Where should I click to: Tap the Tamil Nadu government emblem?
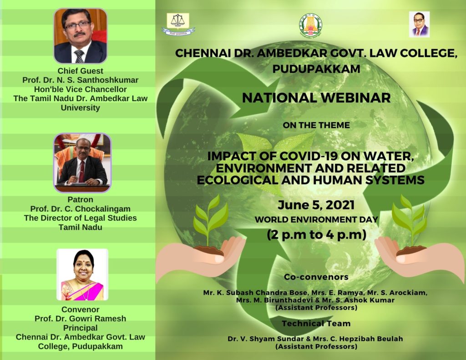[x=310, y=25]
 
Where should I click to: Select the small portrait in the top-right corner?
[x=419, y=25]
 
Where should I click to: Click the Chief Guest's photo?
[x=80, y=36]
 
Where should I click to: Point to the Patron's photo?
[x=82, y=163]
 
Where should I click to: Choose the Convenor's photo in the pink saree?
[x=82, y=274]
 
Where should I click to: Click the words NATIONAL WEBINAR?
[x=316, y=98]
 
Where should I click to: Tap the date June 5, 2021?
[x=316, y=205]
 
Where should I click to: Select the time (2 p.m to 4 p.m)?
[x=316, y=234]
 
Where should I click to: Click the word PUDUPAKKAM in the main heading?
[x=316, y=69]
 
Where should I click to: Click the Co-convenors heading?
[x=316, y=277]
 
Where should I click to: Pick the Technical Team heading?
[x=316, y=323]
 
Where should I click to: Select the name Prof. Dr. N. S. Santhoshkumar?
[x=80, y=80]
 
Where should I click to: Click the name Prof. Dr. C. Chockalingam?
[x=80, y=209]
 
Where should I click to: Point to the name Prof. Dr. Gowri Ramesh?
[x=80, y=319]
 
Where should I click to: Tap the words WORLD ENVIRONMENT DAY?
[x=316, y=219]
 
